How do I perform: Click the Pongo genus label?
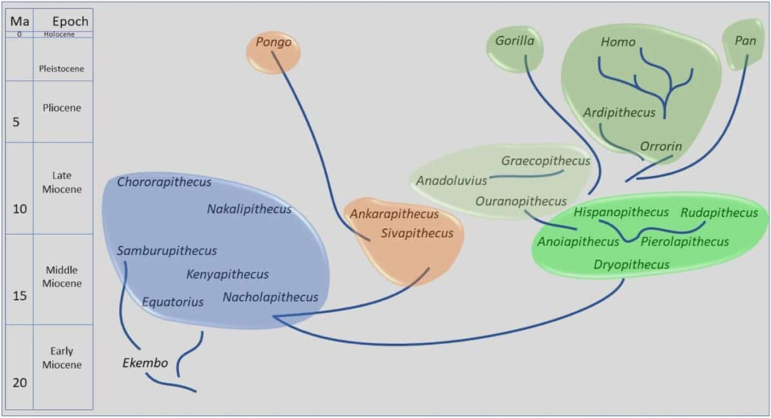[x=273, y=42]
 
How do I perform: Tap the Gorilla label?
[x=514, y=41]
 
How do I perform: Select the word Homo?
[x=618, y=42]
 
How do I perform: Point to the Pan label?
[x=745, y=41]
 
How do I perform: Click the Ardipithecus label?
[x=619, y=113]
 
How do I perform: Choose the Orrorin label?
[x=660, y=146]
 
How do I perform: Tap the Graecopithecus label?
[x=546, y=161]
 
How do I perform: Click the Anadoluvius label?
[x=452, y=181]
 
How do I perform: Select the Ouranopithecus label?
[x=521, y=202]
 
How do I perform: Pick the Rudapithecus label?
[x=719, y=213]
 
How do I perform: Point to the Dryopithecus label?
[x=631, y=264]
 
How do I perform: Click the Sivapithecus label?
[x=417, y=233]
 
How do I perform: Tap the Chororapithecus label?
[x=164, y=182]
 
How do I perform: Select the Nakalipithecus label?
[x=249, y=209]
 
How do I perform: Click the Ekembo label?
[x=145, y=364]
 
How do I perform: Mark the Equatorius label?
[x=173, y=302]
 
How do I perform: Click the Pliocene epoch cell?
[x=62, y=108]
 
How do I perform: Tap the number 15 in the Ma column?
[x=20, y=296]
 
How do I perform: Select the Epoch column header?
[x=70, y=21]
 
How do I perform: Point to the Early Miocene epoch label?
[x=62, y=358]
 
